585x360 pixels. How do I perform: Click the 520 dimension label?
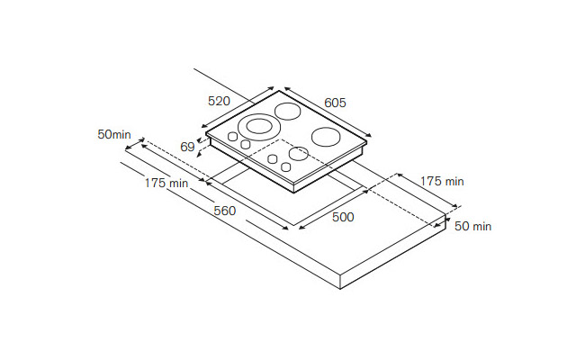[220, 101]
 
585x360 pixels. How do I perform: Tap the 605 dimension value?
[334, 103]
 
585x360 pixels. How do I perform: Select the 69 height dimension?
[187, 147]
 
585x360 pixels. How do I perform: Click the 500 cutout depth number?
[342, 217]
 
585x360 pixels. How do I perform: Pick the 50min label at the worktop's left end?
[114, 135]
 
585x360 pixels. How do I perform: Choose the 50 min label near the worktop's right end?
[472, 226]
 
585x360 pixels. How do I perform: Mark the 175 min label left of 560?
[166, 184]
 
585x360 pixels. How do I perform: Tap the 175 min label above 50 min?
[441, 181]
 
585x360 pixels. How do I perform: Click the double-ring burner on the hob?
[257, 126]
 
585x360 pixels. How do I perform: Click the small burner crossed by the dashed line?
[298, 152]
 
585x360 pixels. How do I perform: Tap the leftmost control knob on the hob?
[232, 137]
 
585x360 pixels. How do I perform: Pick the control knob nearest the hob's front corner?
[286, 166]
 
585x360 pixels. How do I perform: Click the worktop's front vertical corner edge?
[339, 280]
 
